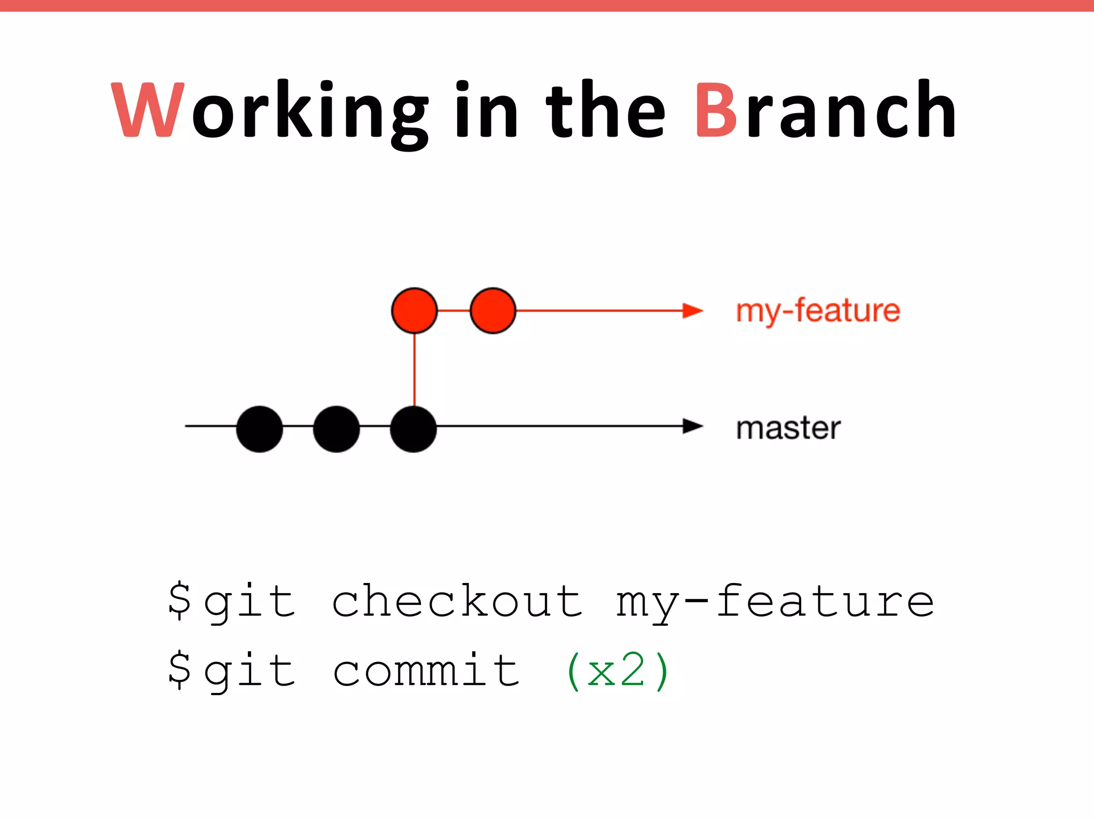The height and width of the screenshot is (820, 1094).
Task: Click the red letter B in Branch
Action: pos(716,111)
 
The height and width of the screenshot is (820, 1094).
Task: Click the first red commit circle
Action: pos(415,311)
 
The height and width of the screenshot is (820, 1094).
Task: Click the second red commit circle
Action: pos(493,311)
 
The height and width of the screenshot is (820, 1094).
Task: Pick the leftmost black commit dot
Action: pos(260,429)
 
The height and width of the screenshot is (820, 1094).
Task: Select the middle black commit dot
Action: pos(337,429)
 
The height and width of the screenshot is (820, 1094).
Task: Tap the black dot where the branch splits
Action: pos(413,429)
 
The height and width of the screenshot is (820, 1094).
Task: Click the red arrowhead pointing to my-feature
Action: pos(693,311)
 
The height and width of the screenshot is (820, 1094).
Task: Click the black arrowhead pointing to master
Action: pos(693,426)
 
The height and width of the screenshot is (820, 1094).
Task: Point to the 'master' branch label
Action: pos(788,428)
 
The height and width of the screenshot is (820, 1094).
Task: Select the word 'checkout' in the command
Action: pos(457,601)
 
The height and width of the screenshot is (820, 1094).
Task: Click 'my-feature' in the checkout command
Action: pos(775,602)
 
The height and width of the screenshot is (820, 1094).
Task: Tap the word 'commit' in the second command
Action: pos(426,671)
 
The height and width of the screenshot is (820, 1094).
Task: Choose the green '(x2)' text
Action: pos(618,672)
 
